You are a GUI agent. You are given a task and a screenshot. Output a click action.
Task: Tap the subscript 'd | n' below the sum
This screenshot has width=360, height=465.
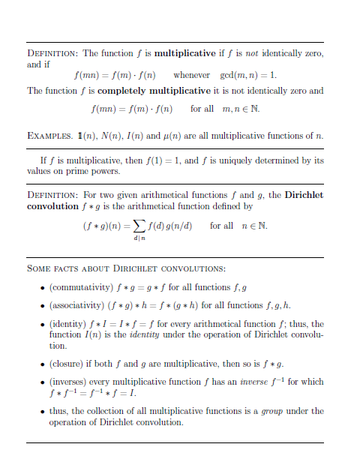tap(139, 238)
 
